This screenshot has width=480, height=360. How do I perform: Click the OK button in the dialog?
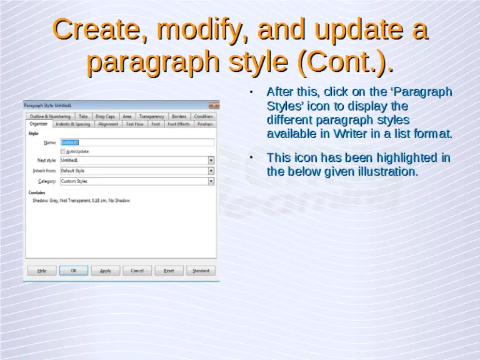[74, 271]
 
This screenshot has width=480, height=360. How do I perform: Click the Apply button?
[106, 271]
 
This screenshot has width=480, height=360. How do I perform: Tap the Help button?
[42, 271]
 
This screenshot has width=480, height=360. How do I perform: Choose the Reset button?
[169, 271]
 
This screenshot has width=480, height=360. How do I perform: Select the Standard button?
[201, 271]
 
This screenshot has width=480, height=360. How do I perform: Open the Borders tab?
[179, 116]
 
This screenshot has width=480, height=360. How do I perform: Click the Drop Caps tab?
[105, 116]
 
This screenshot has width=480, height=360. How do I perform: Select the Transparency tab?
[151, 116]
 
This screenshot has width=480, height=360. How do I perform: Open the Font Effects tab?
[179, 124]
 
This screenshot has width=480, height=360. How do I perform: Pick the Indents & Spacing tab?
[72, 124]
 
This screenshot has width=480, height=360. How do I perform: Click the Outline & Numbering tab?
[50, 116]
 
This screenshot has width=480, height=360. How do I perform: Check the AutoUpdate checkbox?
[62, 151]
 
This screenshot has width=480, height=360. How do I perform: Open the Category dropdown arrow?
[211, 181]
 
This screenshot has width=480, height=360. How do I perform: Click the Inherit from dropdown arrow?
[211, 171]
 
